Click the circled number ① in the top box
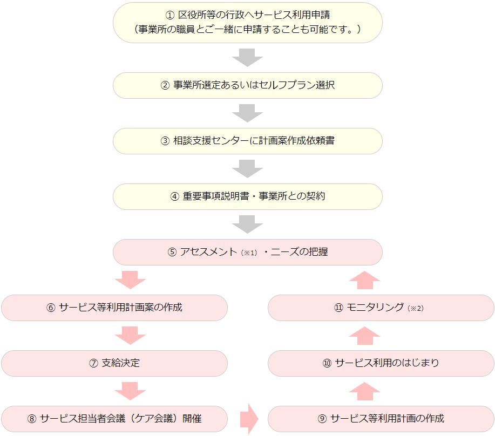[170, 15]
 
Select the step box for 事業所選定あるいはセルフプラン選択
[247, 85]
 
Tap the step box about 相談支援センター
[247, 141]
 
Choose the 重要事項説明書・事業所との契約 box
[247, 196]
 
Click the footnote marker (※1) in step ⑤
[249, 253]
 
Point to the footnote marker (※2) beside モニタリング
[416, 308]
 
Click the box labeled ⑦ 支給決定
[114, 363]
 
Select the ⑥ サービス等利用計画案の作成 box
[114, 308]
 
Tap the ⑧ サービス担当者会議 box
[114, 419]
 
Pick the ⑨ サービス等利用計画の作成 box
[381, 419]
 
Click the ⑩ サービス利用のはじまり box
[381, 363]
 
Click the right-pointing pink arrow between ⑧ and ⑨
[249, 419]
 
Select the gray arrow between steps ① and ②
[247, 58]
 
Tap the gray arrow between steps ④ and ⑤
[247, 224]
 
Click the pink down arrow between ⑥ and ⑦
[131, 335]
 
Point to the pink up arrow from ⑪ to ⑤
[364, 280]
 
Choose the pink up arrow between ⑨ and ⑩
[364, 391]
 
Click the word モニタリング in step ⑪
[375, 307]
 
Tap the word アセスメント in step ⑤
[208, 252]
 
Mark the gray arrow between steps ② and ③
[247, 113]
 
